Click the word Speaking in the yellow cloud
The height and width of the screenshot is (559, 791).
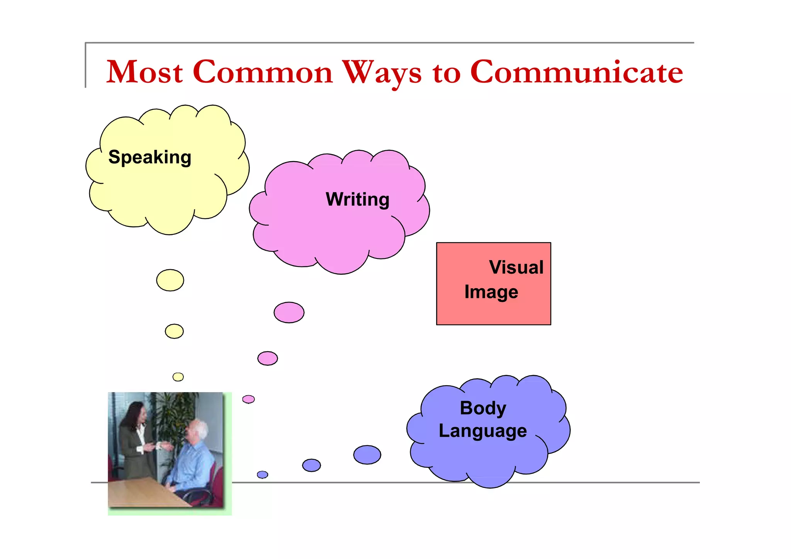point(150,157)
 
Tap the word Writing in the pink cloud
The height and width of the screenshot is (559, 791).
point(358,199)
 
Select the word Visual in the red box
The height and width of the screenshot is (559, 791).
point(516,267)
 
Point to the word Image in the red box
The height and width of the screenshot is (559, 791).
point(491,292)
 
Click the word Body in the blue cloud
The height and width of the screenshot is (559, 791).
point(483,408)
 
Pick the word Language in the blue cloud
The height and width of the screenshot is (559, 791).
point(483,431)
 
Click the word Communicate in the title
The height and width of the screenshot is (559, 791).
point(576,72)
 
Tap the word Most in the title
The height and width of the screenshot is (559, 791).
point(144,72)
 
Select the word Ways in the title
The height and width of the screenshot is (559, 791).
point(382,72)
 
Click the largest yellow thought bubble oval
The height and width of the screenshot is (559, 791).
point(170,280)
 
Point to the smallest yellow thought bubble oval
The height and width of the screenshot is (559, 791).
point(178,377)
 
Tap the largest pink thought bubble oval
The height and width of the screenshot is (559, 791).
point(289,312)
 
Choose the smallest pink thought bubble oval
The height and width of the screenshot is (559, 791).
point(248,399)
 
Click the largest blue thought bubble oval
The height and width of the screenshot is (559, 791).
point(367,455)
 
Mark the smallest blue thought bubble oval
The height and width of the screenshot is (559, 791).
point(263,474)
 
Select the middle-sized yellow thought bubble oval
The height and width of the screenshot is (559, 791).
point(174,331)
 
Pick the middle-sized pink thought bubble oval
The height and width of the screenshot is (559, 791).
point(268,358)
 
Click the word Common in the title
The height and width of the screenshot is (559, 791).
point(263,72)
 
